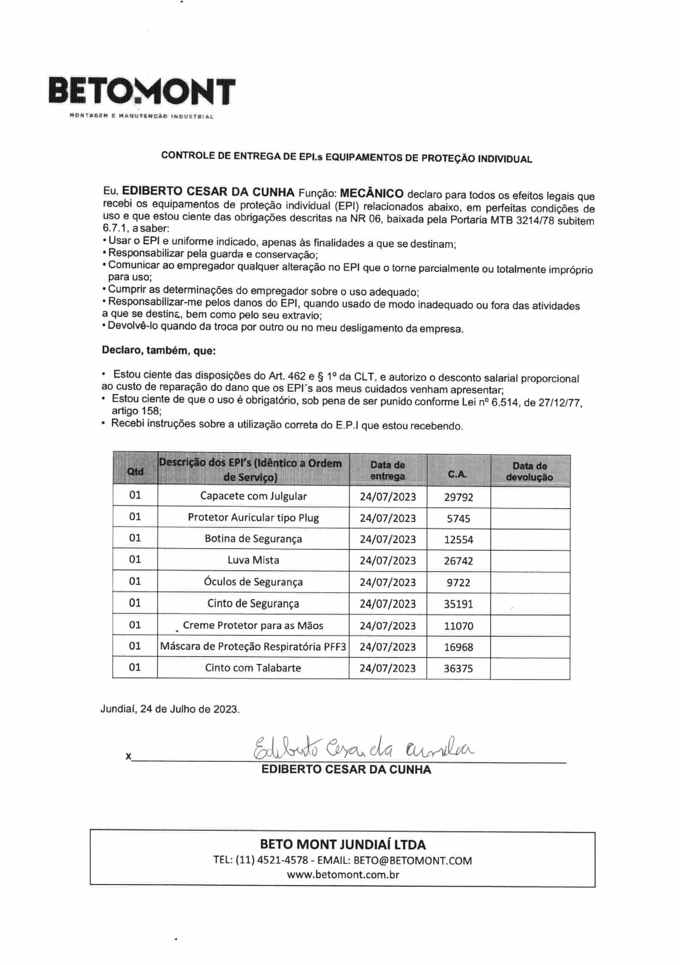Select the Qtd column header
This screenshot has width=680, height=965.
pos(135,471)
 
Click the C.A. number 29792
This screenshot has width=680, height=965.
pos(458,497)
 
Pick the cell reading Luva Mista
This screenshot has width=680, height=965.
pos(253,560)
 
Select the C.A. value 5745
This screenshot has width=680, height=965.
pos(459,518)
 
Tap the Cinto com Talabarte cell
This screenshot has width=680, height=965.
pos(253,667)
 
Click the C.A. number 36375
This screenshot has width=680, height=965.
pos(458,668)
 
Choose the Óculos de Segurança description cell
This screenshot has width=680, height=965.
pos(253,582)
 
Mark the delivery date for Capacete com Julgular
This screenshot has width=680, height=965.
pos(388,497)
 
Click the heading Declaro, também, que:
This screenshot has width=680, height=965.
pos(159,351)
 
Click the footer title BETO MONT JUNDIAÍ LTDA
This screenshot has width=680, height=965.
pos(343,844)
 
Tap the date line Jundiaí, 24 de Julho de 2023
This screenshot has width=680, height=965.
pos(170,709)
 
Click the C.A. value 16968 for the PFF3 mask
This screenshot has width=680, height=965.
pos(458,647)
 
